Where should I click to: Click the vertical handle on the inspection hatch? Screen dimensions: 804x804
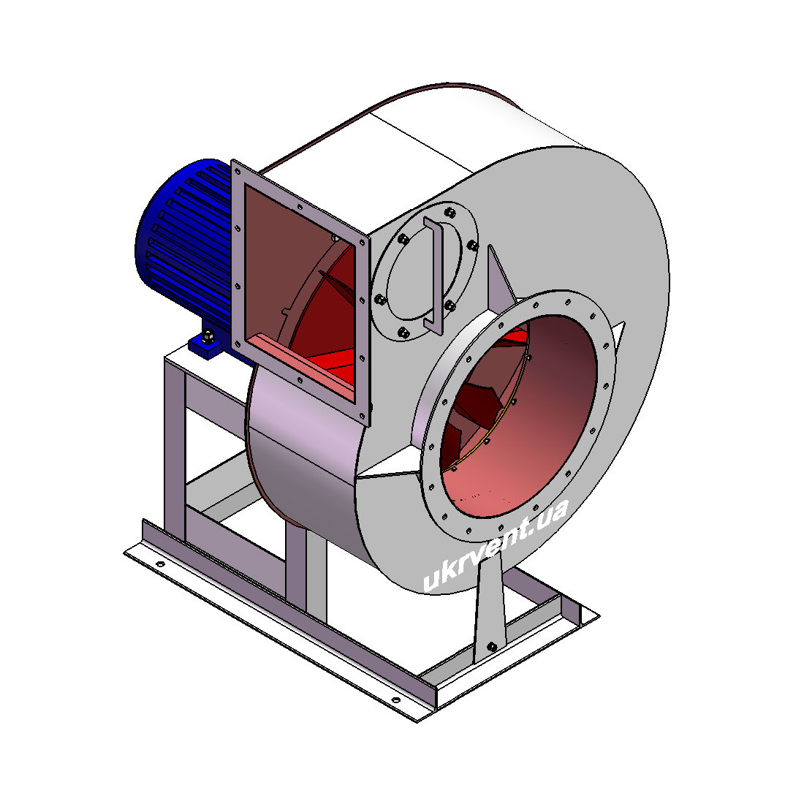pos(433,275)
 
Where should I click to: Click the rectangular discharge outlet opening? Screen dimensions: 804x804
pos(300,292)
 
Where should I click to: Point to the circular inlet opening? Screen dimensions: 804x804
pos(518,415)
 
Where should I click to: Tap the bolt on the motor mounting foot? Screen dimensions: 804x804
pos(208,337)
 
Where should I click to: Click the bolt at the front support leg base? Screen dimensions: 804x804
pos(492,646)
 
